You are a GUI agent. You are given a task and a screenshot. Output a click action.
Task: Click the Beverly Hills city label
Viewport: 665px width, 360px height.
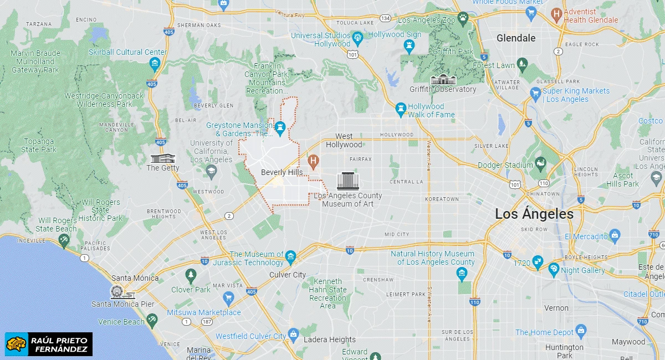[282, 172]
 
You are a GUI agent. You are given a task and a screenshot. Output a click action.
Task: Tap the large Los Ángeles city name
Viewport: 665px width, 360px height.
[534, 214]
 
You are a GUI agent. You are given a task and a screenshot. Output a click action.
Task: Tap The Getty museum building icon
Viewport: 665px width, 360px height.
[162, 158]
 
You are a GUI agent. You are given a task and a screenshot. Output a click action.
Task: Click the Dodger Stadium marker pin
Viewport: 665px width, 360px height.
[540, 164]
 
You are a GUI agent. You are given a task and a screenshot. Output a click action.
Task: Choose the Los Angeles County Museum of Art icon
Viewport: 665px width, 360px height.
[347, 181]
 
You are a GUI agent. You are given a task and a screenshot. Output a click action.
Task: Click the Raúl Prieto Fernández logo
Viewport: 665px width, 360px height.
[49, 344]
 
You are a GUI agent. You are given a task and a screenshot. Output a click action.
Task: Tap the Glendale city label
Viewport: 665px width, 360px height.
[516, 38]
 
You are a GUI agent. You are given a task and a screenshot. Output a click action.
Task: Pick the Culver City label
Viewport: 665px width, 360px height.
[288, 275]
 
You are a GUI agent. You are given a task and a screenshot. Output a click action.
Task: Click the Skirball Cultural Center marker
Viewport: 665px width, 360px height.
[155, 64]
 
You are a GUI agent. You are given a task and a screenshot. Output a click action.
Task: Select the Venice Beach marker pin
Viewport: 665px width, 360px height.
[152, 320]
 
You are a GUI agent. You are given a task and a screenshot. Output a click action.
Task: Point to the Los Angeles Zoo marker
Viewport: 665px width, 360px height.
[463, 19]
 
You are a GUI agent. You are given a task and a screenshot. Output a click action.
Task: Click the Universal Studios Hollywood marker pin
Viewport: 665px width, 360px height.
[357, 38]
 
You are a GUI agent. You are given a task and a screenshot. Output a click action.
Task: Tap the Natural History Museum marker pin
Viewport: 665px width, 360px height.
[462, 273]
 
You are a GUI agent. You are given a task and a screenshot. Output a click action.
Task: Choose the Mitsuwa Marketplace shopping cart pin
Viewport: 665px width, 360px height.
[228, 299]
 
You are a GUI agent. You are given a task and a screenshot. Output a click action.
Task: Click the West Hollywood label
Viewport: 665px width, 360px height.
[344, 141]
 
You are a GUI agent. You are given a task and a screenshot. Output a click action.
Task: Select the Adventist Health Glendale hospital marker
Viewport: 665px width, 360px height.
[556, 13]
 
